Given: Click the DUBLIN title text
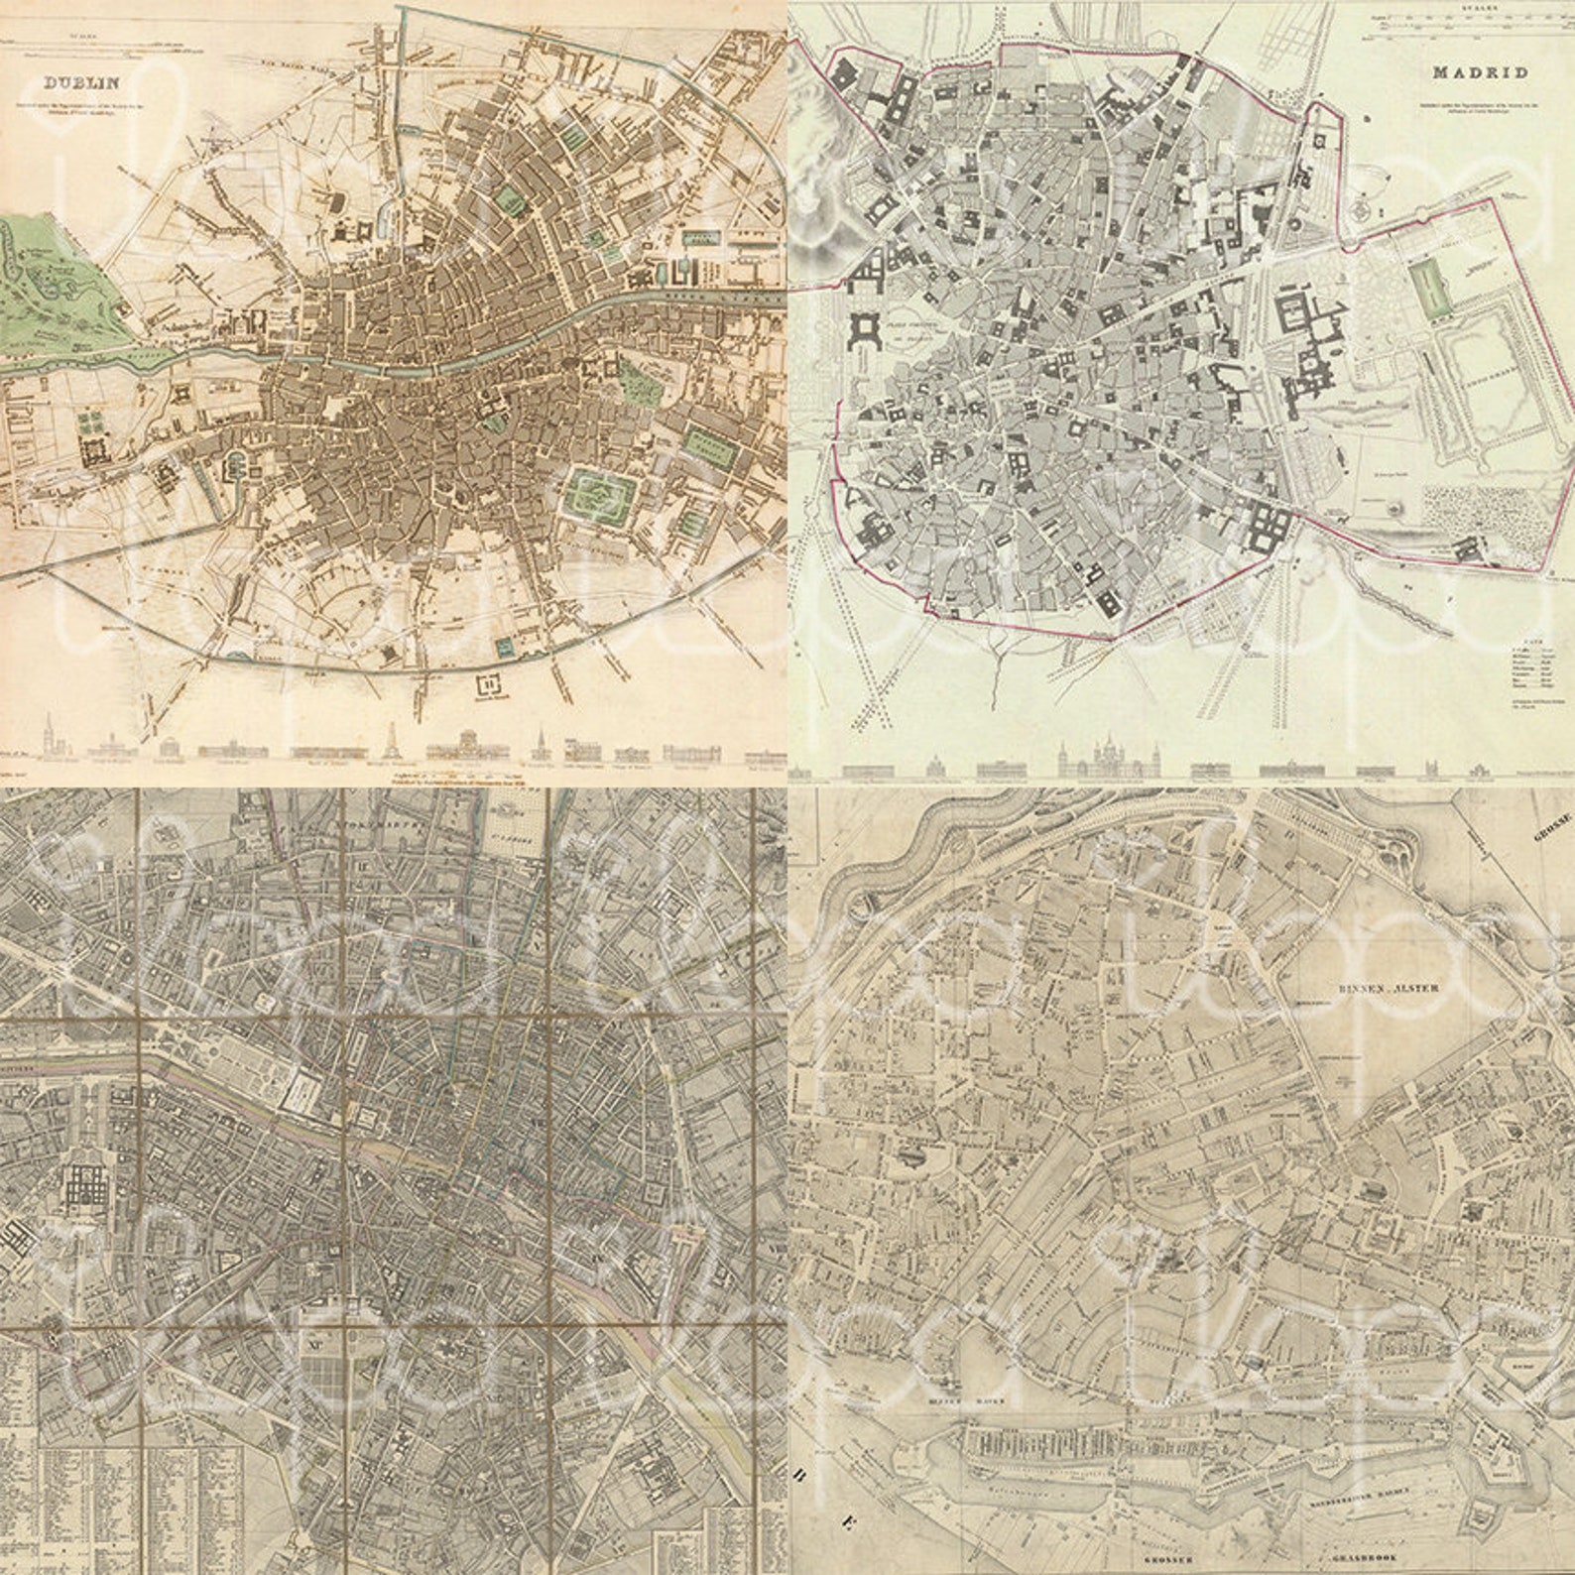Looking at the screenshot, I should (63, 84).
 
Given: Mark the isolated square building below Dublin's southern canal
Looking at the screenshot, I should (488, 684).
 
